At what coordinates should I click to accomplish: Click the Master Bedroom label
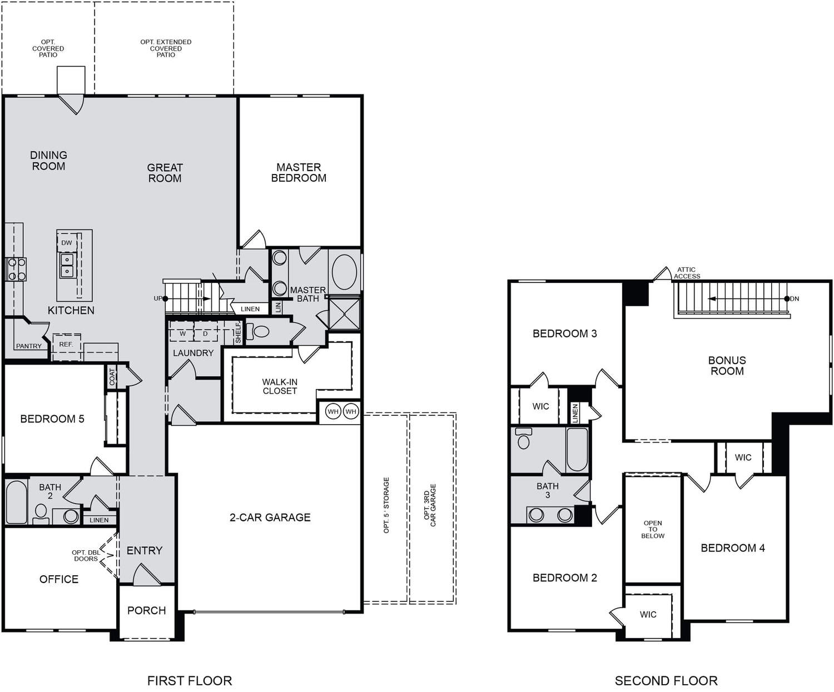click(x=299, y=172)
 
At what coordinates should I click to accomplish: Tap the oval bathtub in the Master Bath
click(x=344, y=272)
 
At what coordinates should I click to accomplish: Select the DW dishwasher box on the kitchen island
click(x=67, y=243)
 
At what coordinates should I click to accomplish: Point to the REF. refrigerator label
click(x=66, y=344)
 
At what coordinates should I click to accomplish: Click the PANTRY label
click(x=29, y=346)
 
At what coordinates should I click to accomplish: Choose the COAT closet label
click(x=112, y=377)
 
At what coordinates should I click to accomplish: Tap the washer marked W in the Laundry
click(x=182, y=332)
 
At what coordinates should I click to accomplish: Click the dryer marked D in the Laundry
click(x=205, y=332)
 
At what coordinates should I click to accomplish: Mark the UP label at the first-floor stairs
click(x=158, y=298)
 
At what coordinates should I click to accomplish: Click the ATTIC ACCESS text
click(x=687, y=273)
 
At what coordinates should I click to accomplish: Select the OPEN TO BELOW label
click(x=653, y=530)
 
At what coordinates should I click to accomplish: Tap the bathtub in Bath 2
click(x=16, y=502)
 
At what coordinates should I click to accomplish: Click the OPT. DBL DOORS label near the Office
click(x=86, y=555)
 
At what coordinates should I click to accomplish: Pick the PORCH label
click(x=147, y=610)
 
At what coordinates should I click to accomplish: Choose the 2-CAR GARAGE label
click(x=270, y=517)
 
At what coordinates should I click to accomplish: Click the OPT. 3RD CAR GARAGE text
click(x=430, y=505)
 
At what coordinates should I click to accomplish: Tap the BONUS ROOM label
click(x=727, y=365)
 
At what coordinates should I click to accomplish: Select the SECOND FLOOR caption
click(x=666, y=680)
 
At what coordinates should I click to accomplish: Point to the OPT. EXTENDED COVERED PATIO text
click(x=166, y=48)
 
